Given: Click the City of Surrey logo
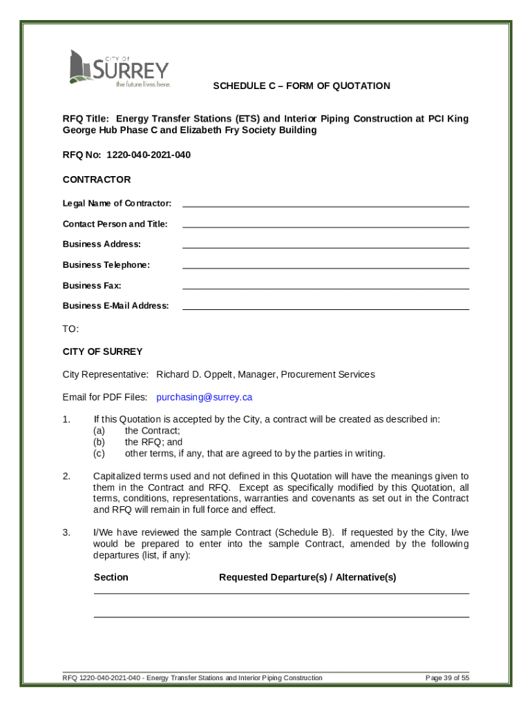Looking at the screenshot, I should tap(118, 68).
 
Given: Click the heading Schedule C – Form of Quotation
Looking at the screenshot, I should tap(301, 86).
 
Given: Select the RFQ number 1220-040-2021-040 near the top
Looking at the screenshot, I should tap(148, 155).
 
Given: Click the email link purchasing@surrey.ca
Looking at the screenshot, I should tap(204, 397).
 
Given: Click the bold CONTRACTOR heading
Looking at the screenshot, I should tap(96, 180).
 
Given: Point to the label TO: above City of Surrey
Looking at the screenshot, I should tap(70, 329).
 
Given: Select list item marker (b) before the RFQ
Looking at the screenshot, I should tap(99, 442).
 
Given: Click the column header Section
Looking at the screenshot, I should tap(111, 577).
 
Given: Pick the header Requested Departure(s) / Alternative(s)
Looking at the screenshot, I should tap(307, 577).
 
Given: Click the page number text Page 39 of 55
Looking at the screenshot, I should tap(447, 678).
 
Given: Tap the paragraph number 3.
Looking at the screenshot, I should tap(66, 532).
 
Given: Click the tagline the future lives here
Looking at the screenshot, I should tap(142, 84).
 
